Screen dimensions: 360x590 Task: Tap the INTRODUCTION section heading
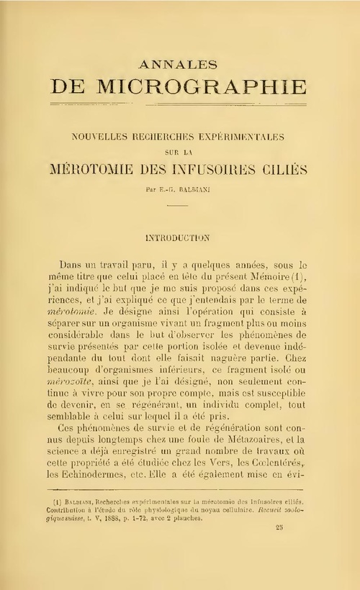179,235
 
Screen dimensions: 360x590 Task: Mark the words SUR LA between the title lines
179,152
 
